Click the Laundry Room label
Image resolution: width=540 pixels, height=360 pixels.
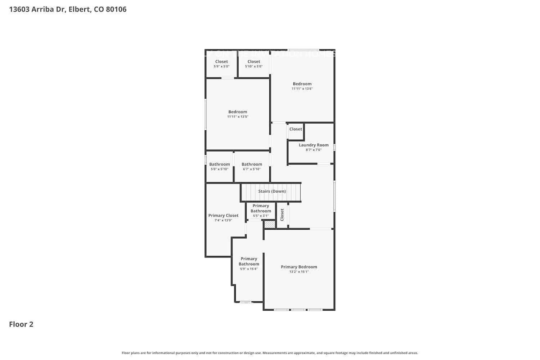[x=314, y=145]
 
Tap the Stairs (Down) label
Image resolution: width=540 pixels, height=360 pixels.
[x=272, y=191]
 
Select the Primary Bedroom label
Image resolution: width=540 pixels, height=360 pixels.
[x=299, y=267]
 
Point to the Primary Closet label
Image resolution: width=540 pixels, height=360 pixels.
[x=223, y=216]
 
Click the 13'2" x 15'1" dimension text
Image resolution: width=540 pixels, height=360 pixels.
[x=299, y=272]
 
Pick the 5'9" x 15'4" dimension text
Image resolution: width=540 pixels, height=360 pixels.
[x=249, y=269]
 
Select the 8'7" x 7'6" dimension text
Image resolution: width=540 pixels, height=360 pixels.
[x=314, y=150]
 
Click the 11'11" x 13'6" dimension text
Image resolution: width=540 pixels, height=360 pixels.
[x=302, y=89]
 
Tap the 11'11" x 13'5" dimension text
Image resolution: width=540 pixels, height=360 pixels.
[x=238, y=117]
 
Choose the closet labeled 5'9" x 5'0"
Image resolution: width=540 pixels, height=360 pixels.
[x=221, y=64]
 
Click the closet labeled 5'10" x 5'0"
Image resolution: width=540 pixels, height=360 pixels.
[x=254, y=64]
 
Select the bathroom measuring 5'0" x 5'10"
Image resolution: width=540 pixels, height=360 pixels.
[x=220, y=166]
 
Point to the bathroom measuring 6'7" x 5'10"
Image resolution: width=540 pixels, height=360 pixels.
[x=252, y=166]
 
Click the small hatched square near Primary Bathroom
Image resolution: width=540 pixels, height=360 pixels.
[x=270, y=224]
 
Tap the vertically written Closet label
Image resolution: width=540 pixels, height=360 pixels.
[x=282, y=215]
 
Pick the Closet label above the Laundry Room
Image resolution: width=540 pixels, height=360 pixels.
[x=296, y=129]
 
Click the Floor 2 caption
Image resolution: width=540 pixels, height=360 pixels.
[x=21, y=324]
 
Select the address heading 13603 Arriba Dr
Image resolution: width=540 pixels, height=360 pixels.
[x=68, y=9]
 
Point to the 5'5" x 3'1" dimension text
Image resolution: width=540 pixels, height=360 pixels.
[x=261, y=216]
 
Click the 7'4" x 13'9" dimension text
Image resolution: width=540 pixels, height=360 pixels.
[x=223, y=220]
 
